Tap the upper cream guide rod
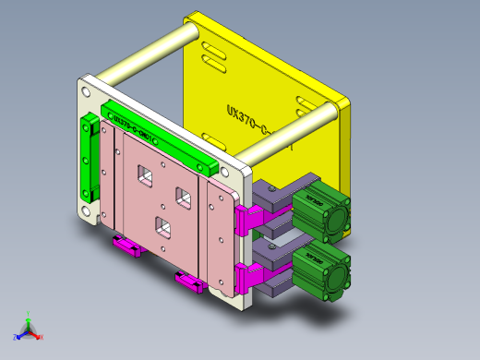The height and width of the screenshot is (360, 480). (x=148, y=56)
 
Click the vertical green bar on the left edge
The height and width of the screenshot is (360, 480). (x=88, y=161)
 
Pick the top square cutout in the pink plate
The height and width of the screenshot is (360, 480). (x=143, y=174)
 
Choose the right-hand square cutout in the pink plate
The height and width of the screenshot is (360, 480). (x=183, y=198)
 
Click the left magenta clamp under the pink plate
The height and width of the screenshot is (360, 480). (x=125, y=246)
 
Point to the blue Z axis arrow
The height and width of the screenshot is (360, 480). (x=18, y=335)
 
